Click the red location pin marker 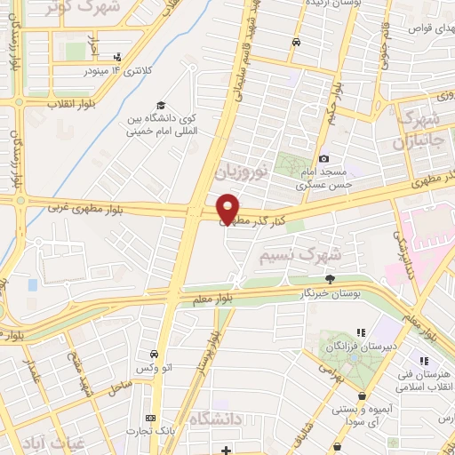click(228, 208)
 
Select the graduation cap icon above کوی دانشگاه click(160, 104)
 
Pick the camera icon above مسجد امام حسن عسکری click(323, 158)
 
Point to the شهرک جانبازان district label click(419, 131)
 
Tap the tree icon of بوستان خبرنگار click(330, 279)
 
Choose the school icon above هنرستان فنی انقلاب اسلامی click(424, 361)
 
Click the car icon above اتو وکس click(155, 354)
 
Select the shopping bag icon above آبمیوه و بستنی click(361, 396)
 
